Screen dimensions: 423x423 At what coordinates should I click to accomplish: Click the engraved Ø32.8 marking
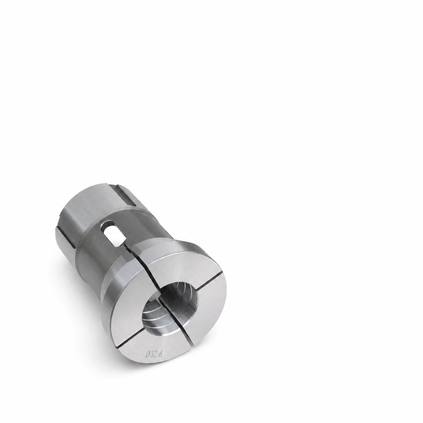point(154,366)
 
